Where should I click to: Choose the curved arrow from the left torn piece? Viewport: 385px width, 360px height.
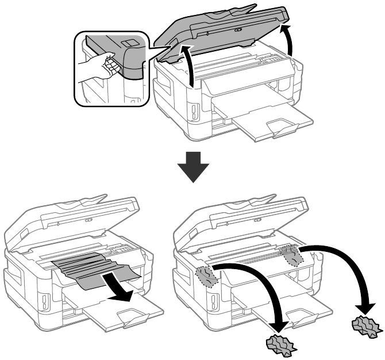pos(259,288)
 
